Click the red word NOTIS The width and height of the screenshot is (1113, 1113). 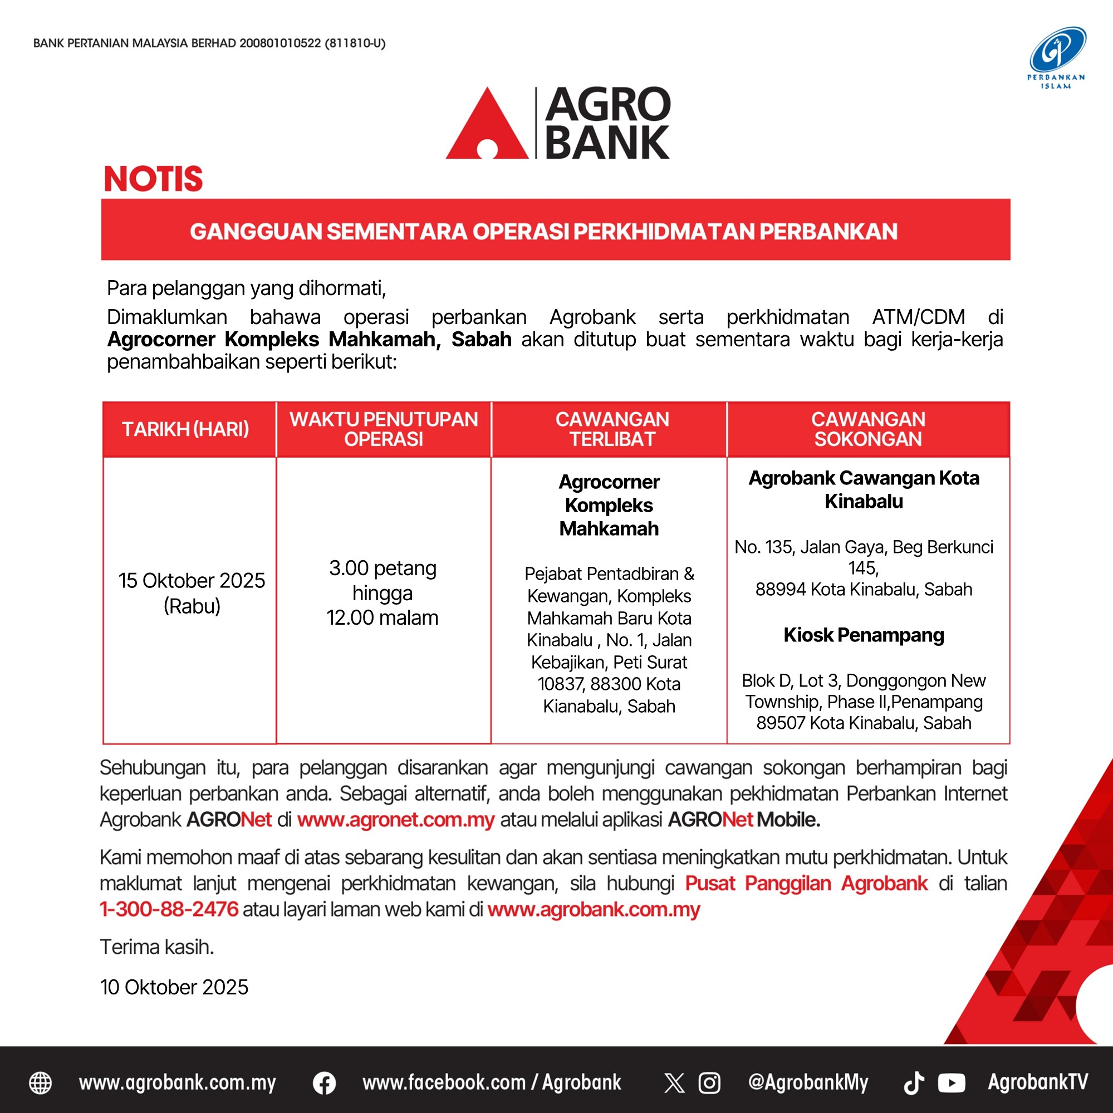point(153,179)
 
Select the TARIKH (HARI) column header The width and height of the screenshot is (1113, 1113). point(185,429)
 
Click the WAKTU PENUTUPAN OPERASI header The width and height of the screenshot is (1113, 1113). point(384,429)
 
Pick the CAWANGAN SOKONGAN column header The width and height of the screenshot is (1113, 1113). point(867,429)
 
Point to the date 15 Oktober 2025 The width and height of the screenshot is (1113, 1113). point(192,581)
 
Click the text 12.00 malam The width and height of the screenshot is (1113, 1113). point(383,618)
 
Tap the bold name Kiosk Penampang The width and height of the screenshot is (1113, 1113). point(864,635)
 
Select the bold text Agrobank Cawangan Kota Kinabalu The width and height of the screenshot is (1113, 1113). point(864,489)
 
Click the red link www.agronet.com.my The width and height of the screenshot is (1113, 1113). point(396,820)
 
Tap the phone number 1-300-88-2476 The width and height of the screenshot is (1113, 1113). point(169,910)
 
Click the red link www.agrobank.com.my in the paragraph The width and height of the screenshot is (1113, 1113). point(594,910)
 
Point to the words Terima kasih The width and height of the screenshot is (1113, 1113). point(156,947)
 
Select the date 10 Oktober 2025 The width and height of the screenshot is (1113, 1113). point(174,987)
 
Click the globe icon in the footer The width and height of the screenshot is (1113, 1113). point(40,1083)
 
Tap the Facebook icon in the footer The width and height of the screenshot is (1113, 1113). point(325,1083)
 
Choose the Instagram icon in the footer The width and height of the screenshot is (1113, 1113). point(709,1083)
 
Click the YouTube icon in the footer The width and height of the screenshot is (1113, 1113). point(951,1083)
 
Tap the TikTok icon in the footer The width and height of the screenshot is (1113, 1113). point(913,1083)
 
